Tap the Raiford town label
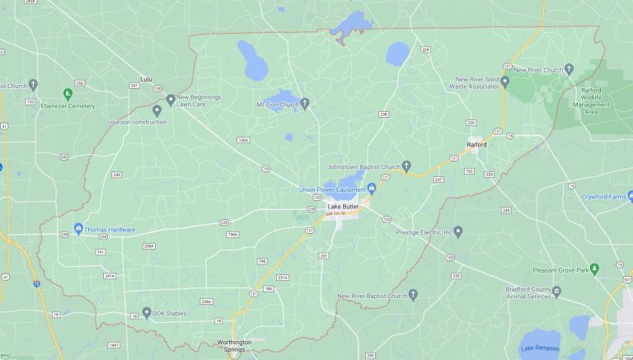(x=476, y=144)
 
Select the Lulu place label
(x=147, y=79)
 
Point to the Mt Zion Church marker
(x=304, y=104)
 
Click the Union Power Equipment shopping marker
(x=372, y=188)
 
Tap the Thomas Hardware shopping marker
(x=78, y=228)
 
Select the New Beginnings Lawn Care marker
(x=171, y=100)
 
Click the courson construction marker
(x=157, y=110)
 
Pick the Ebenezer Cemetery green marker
(x=68, y=95)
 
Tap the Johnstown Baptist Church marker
(x=406, y=166)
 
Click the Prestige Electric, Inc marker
(x=458, y=231)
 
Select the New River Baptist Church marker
(x=414, y=294)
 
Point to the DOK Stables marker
(x=146, y=312)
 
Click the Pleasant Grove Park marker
(x=617, y=269)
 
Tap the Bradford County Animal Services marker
(x=556, y=292)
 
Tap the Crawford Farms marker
(x=630, y=196)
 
